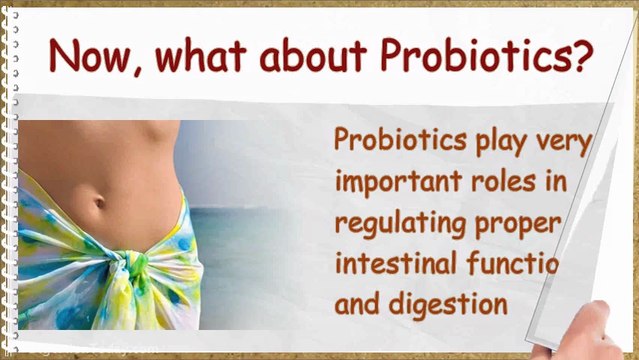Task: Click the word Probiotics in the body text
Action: tap(400, 141)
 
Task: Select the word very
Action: tap(568, 143)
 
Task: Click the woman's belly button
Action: tap(100, 201)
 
